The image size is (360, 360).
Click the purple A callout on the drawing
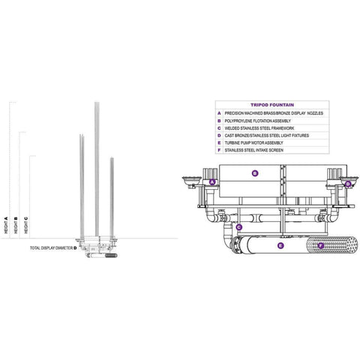[212, 182]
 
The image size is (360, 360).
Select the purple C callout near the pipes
[238, 226]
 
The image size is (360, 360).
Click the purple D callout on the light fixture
[348, 183]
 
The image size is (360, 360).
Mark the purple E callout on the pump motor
[280, 244]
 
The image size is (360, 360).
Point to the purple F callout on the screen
[321, 244]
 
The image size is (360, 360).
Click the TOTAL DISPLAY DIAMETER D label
[53, 247]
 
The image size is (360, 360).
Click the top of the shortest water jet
[112, 158]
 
